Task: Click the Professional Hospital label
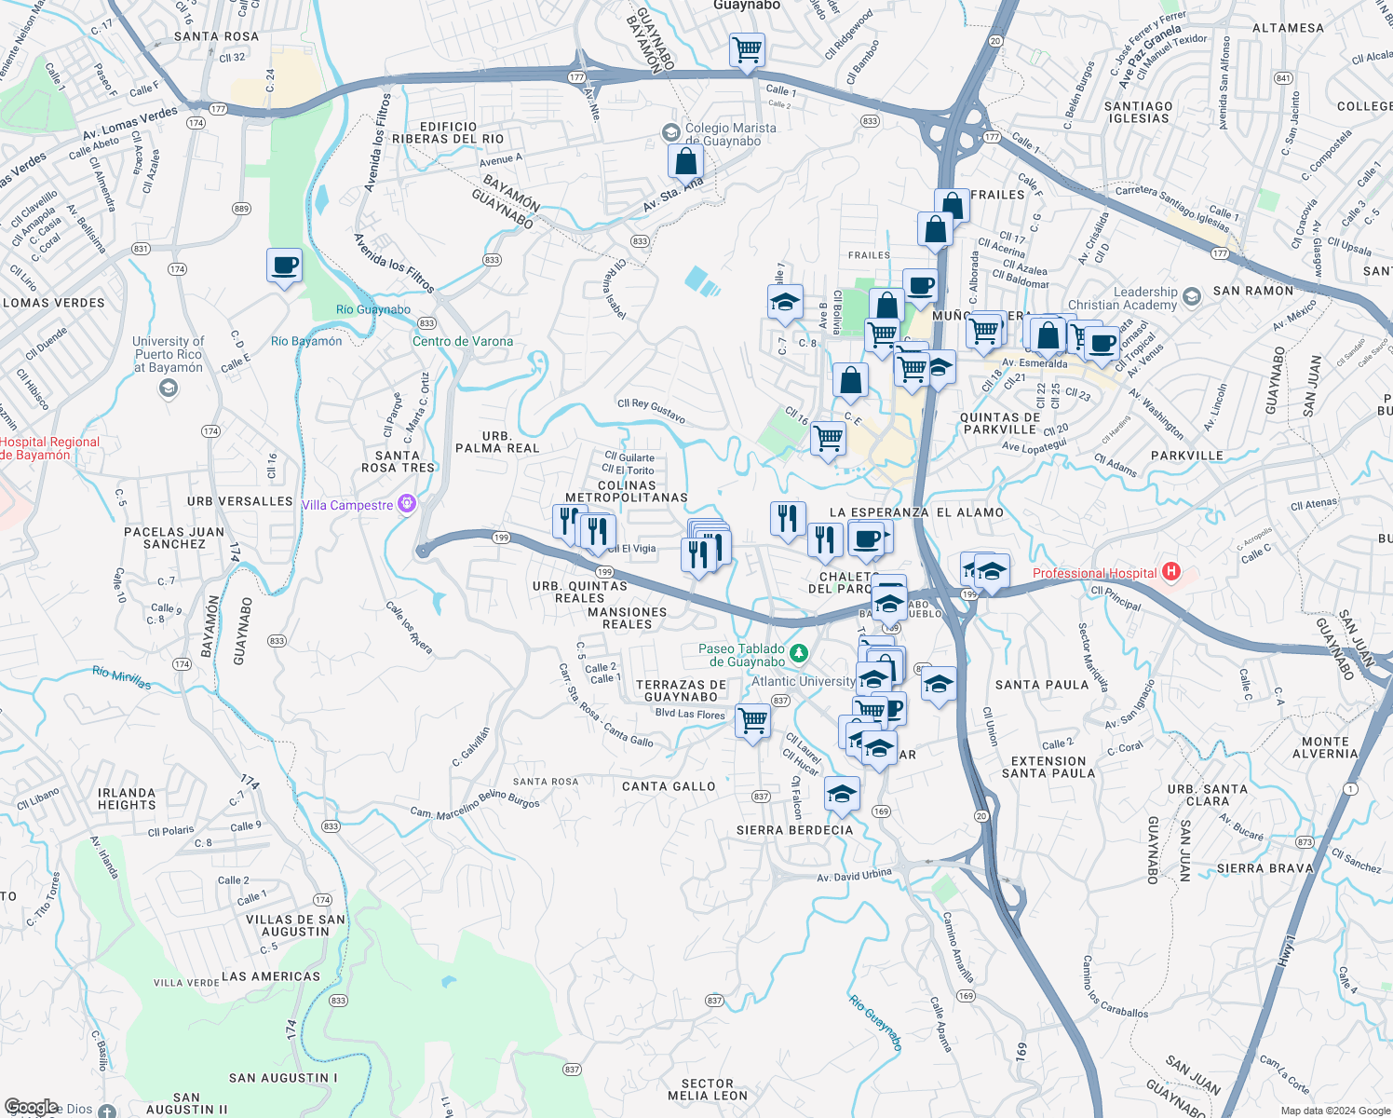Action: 1094,573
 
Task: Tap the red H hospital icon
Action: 1171,571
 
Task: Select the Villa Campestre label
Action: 347,505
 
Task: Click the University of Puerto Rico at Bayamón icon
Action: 169,389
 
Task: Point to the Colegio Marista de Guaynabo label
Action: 730,134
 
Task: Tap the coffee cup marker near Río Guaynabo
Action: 284,266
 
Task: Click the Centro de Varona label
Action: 463,341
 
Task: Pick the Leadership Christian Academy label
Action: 1122,298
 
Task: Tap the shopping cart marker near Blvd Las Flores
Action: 752,720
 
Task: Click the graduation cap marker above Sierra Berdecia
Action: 842,794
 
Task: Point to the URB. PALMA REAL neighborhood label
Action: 497,442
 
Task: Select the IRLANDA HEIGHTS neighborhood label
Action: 127,798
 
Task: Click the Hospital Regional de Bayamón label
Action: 49,448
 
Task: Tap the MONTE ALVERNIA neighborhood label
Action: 1325,747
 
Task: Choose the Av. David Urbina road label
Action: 854,876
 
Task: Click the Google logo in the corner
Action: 31,1106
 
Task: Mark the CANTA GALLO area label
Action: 669,786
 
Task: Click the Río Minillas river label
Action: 122,677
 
